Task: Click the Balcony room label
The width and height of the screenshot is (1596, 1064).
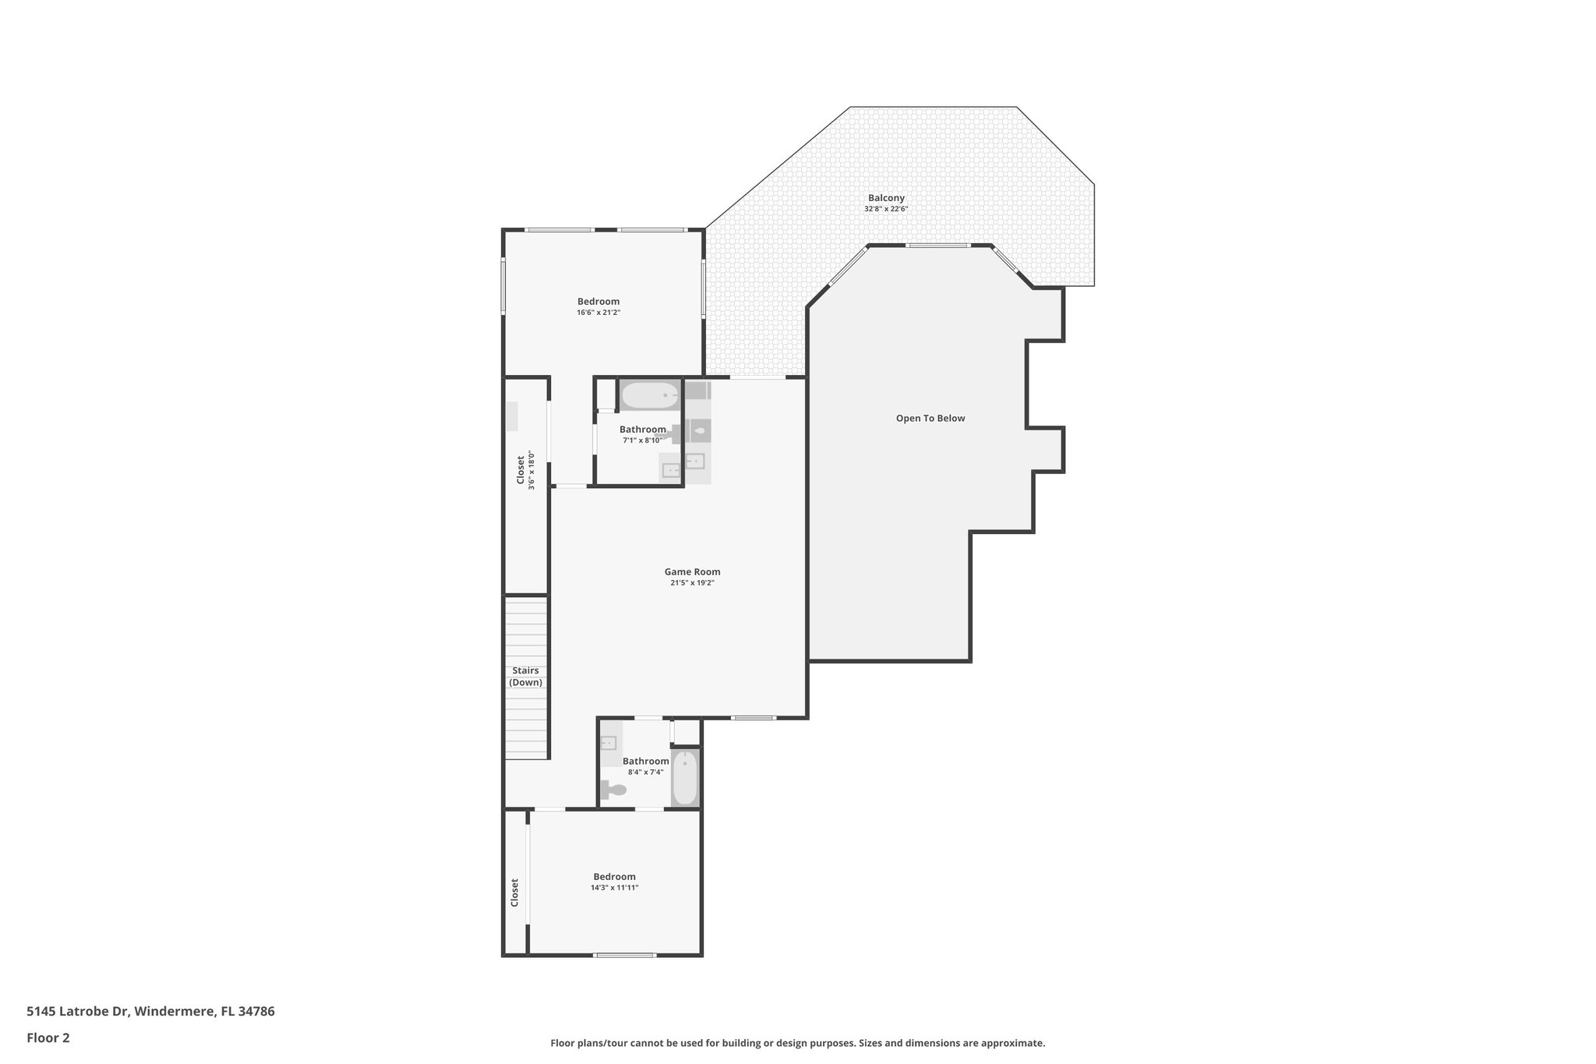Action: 886,198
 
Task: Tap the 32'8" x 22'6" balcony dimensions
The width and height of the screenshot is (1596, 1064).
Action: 886,209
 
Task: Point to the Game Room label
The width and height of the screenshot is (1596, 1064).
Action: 692,571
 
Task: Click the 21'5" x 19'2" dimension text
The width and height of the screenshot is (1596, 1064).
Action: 692,583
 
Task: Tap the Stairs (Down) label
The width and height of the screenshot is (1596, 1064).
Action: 525,677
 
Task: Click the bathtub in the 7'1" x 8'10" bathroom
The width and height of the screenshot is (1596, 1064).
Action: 651,395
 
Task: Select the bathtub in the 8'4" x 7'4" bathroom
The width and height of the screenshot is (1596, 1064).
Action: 685,778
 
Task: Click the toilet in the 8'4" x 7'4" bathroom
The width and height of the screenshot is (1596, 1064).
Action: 614,790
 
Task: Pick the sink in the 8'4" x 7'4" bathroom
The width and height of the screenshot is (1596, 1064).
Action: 609,742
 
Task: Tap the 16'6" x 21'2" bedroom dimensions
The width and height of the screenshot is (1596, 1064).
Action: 598,313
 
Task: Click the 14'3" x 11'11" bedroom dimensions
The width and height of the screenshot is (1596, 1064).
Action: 614,888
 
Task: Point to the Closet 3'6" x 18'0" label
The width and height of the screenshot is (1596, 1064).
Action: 525,470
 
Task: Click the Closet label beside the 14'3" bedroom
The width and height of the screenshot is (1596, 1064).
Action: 515,893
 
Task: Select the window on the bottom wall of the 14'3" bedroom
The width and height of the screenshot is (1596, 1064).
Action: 624,955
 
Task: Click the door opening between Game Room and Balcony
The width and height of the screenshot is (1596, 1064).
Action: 757,378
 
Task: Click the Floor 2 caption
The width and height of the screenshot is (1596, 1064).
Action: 48,1037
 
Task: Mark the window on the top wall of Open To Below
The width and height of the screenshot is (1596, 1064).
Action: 938,246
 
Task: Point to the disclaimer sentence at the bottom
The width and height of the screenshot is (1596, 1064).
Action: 797,1043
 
